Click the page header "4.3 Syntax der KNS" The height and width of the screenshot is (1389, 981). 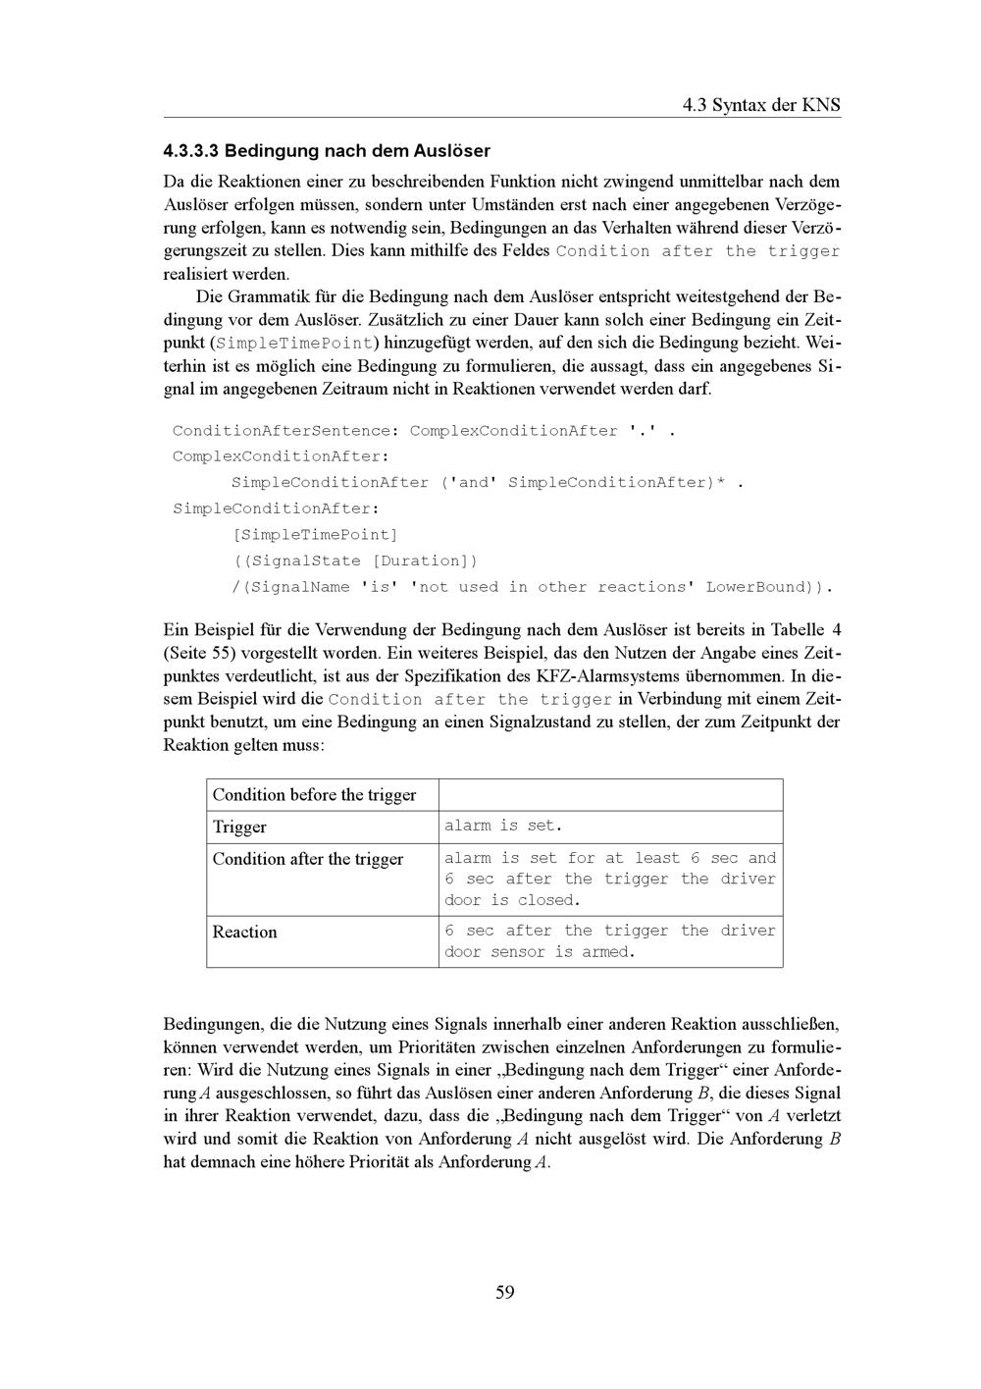pyautogui.click(x=761, y=105)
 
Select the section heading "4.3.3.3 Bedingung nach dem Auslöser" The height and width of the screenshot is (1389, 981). pyautogui.click(x=327, y=151)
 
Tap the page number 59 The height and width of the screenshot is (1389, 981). pyautogui.click(x=504, y=1292)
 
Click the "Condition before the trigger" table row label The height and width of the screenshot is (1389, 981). pyautogui.click(x=314, y=795)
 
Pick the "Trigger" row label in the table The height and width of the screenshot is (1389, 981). pyautogui.click(x=239, y=828)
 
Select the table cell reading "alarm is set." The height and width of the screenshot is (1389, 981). pyautogui.click(x=503, y=827)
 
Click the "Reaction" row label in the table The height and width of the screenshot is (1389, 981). pyautogui.click(x=245, y=932)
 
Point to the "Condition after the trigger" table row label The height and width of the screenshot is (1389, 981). pyautogui.click(x=308, y=859)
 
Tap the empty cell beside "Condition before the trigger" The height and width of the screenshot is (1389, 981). pyautogui.click(x=610, y=795)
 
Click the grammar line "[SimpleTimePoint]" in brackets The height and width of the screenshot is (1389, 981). pyautogui.click(x=315, y=535)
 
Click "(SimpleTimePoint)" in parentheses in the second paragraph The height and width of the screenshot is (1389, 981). pyautogui.click(x=294, y=344)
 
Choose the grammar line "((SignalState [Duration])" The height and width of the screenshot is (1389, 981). pyautogui.click(x=355, y=561)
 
